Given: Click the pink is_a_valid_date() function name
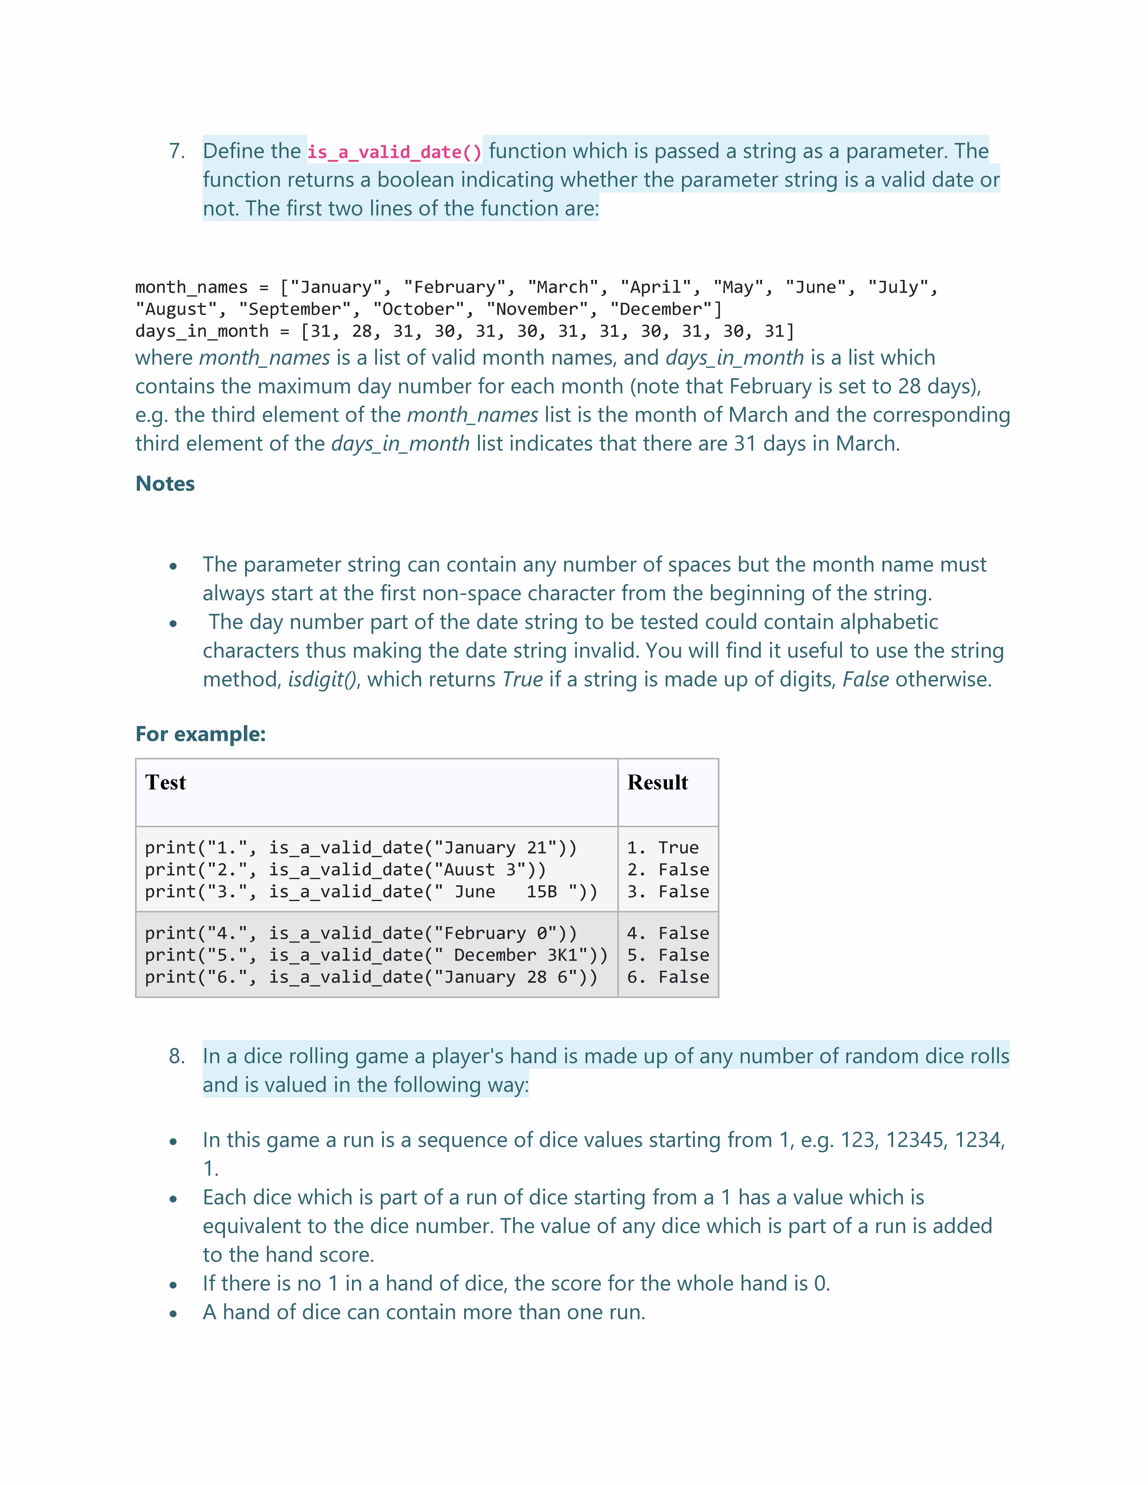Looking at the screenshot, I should click(395, 152).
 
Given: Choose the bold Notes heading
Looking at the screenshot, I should click(165, 483).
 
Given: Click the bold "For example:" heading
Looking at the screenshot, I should click(201, 734).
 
